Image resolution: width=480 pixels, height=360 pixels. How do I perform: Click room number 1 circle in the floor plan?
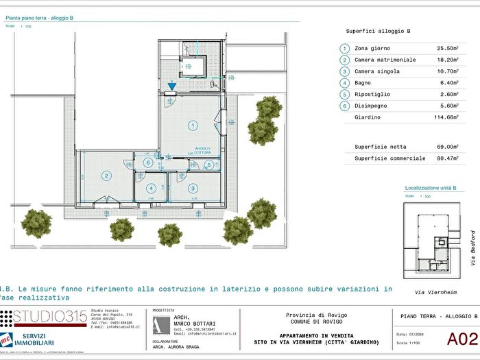[193, 125]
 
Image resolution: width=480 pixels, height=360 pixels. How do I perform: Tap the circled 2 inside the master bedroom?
[107, 176]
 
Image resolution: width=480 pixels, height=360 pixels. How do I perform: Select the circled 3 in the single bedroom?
[193, 188]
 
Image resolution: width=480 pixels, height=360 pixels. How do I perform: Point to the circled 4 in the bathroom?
[151, 188]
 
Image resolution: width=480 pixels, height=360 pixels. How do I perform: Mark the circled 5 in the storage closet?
[209, 164]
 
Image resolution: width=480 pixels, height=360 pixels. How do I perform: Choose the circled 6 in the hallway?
[148, 163]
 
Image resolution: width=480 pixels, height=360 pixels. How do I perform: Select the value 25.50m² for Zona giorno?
[447, 49]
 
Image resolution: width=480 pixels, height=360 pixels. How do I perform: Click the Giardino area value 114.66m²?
[445, 117]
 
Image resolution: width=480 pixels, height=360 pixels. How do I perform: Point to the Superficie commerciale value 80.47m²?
[447, 158]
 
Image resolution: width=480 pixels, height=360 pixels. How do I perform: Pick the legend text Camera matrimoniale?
[385, 60]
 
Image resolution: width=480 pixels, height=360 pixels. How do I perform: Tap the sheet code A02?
[461, 338]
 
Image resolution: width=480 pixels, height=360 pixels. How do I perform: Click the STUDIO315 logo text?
[45, 317]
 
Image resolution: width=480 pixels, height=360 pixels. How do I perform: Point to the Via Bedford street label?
[472, 248]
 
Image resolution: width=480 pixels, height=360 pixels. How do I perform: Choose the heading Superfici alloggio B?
[377, 32]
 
